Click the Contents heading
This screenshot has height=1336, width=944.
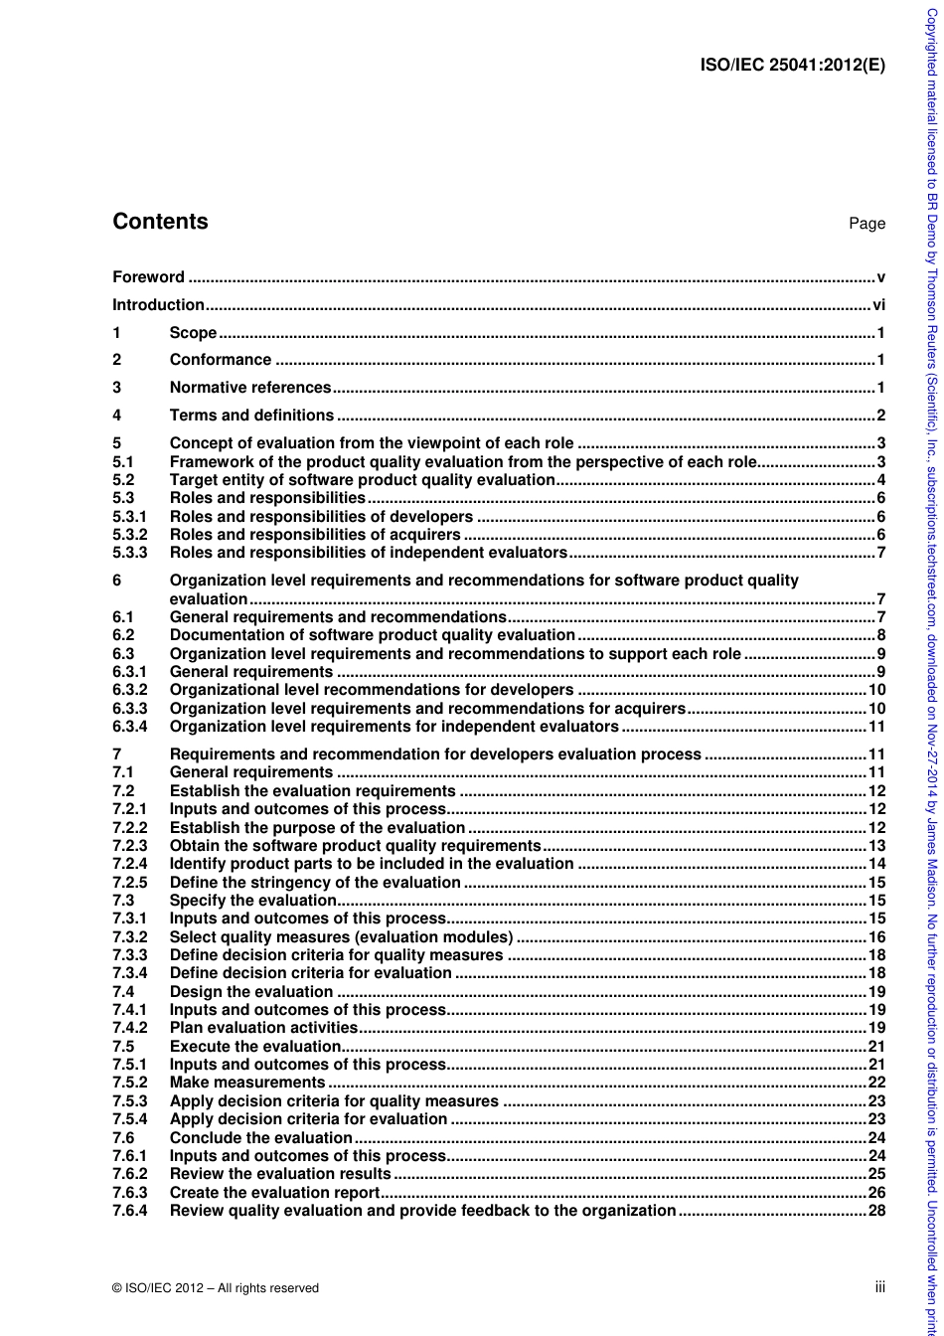pyautogui.click(x=160, y=222)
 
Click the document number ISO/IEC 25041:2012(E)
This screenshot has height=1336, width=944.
pyautogui.click(x=792, y=66)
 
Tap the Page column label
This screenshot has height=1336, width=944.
pyautogui.click(x=866, y=224)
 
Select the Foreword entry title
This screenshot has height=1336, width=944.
pyautogui.click(x=148, y=277)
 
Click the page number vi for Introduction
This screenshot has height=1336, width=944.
pyautogui.click(x=878, y=305)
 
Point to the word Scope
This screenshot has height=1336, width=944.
pyautogui.click(x=193, y=333)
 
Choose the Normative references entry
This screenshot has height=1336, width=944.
pyautogui.click(x=249, y=388)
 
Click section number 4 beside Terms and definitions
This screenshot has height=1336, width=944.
pyautogui.click(x=117, y=416)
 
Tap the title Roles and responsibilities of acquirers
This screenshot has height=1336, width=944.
pyautogui.click(x=315, y=535)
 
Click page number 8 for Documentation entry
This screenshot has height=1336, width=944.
pyautogui.click(x=880, y=635)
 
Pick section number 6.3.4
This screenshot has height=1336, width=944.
pyautogui.click(x=130, y=727)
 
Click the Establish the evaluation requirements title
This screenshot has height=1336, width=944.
pyautogui.click(x=312, y=791)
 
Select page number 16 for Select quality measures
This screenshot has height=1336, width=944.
pyautogui.click(x=876, y=937)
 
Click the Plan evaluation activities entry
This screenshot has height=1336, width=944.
pyautogui.click(x=263, y=1028)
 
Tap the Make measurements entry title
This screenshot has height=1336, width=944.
pyautogui.click(x=247, y=1083)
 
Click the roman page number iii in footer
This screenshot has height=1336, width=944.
pyautogui.click(x=879, y=1287)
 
